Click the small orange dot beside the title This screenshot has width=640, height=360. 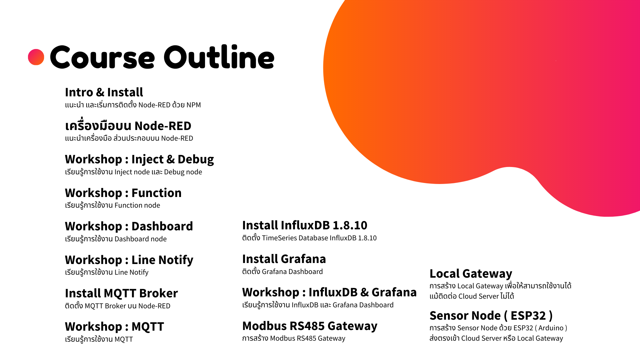click(36, 57)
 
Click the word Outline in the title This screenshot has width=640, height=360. click(219, 57)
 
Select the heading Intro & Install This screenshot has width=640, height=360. click(104, 92)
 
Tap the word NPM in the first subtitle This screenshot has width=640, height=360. click(194, 105)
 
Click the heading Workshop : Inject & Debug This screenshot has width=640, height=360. click(139, 159)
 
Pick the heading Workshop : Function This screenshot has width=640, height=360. click(123, 193)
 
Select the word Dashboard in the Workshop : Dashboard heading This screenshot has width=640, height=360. click(162, 226)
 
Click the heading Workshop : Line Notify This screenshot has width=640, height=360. click(129, 260)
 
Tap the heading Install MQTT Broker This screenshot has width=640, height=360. click(121, 293)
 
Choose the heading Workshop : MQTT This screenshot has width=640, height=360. click(114, 327)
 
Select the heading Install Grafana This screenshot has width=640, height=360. click(284, 259)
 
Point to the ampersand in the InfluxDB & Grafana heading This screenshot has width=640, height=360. click(365, 292)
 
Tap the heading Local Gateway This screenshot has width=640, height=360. click(471, 274)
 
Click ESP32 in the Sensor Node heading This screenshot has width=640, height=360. click(528, 316)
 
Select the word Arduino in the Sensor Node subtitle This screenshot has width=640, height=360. click(551, 328)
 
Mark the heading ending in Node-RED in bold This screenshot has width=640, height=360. click(128, 126)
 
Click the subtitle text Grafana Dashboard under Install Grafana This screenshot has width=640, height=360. click(292, 272)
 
